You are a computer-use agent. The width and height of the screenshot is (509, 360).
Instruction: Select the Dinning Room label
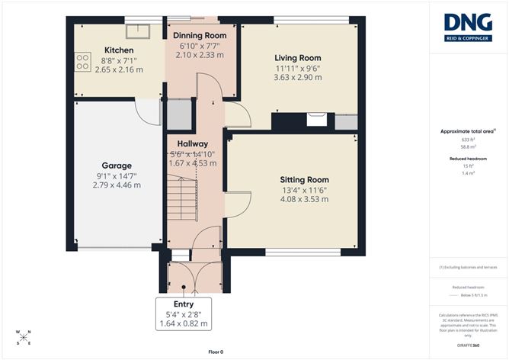point(200,36)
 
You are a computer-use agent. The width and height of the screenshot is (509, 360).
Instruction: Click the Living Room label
point(297,57)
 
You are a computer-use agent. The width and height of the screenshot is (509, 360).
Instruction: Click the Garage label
point(117,165)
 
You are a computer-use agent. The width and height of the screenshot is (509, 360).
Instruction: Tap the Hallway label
point(192,143)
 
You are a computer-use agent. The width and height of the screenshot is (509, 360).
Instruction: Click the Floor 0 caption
point(216,352)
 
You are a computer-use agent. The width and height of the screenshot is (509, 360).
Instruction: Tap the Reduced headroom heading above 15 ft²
point(468,158)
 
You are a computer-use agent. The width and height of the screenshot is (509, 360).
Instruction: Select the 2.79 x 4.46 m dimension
point(117,185)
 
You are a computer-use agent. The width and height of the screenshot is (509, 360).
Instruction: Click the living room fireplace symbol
point(315,118)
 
